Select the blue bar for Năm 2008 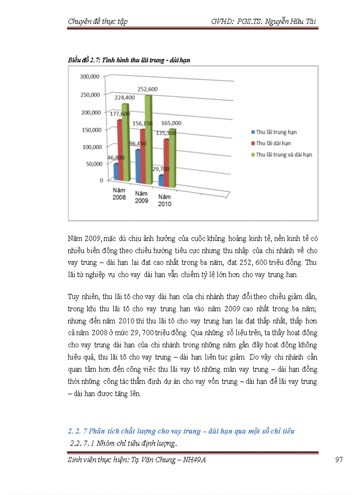(116, 171)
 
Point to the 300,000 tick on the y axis (89, 77)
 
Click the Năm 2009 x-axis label (141, 197)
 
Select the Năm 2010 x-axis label (165, 201)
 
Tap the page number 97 (339, 460)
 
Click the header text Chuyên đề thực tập (98, 22)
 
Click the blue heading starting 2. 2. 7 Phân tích (181, 431)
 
